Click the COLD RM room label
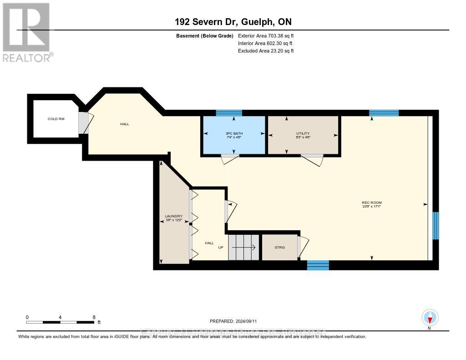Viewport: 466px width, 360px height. [x=56, y=119]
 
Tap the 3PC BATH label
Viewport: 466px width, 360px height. [x=234, y=133]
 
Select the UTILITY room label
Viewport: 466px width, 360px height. [x=303, y=133]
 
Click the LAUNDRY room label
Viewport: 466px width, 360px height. [x=174, y=216]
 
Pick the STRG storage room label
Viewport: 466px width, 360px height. [x=279, y=247]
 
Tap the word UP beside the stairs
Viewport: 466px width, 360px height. [x=221, y=248]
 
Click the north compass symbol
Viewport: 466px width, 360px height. [x=430, y=317]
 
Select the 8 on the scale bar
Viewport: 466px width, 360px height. [x=93, y=317]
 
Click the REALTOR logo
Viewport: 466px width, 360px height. [x=26, y=32]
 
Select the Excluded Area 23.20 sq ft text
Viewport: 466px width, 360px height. [x=266, y=51]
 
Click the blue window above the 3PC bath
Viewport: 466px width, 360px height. [x=229, y=113]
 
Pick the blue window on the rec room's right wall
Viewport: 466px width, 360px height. [x=436, y=226]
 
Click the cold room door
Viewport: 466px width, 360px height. [x=84, y=123]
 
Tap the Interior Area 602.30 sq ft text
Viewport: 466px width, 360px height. [x=266, y=43]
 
